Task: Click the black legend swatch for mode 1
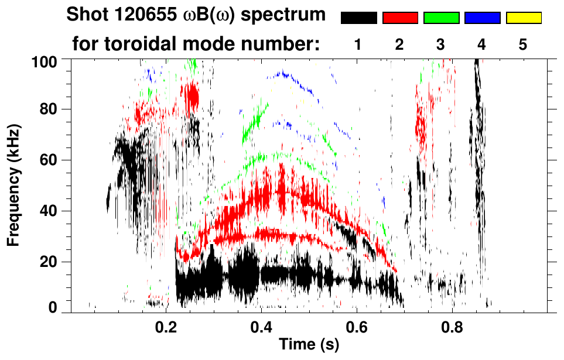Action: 359,18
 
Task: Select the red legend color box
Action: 400,18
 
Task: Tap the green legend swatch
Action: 441,18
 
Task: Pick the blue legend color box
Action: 482,18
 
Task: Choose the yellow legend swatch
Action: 523,18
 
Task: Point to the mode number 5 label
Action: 523,45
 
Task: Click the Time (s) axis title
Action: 308,345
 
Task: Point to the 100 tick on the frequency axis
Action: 46,60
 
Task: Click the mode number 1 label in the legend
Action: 358,45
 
